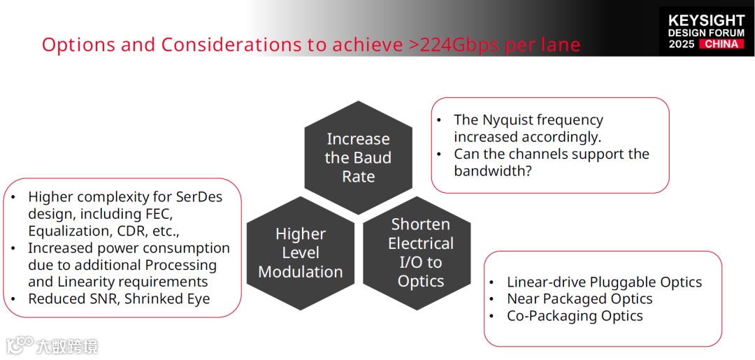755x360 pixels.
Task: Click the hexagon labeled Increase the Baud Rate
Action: (x=358, y=158)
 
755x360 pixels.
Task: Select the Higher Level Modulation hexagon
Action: (x=301, y=253)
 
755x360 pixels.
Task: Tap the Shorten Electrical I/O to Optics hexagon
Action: (x=420, y=253)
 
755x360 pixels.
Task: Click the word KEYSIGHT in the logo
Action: (x=706, y=20)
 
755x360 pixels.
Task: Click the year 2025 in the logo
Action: (x=681, y=44)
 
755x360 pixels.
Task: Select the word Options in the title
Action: (x=78, y=45)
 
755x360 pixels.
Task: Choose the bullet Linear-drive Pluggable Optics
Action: (x=604, y=282)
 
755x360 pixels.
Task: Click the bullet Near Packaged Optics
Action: (x=580, y=299)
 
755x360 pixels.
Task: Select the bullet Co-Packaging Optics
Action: (x=575, y=316)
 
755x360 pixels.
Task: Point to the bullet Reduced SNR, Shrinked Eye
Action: (x=119, y=298)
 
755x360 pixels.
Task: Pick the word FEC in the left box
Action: (x=155, y=214)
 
